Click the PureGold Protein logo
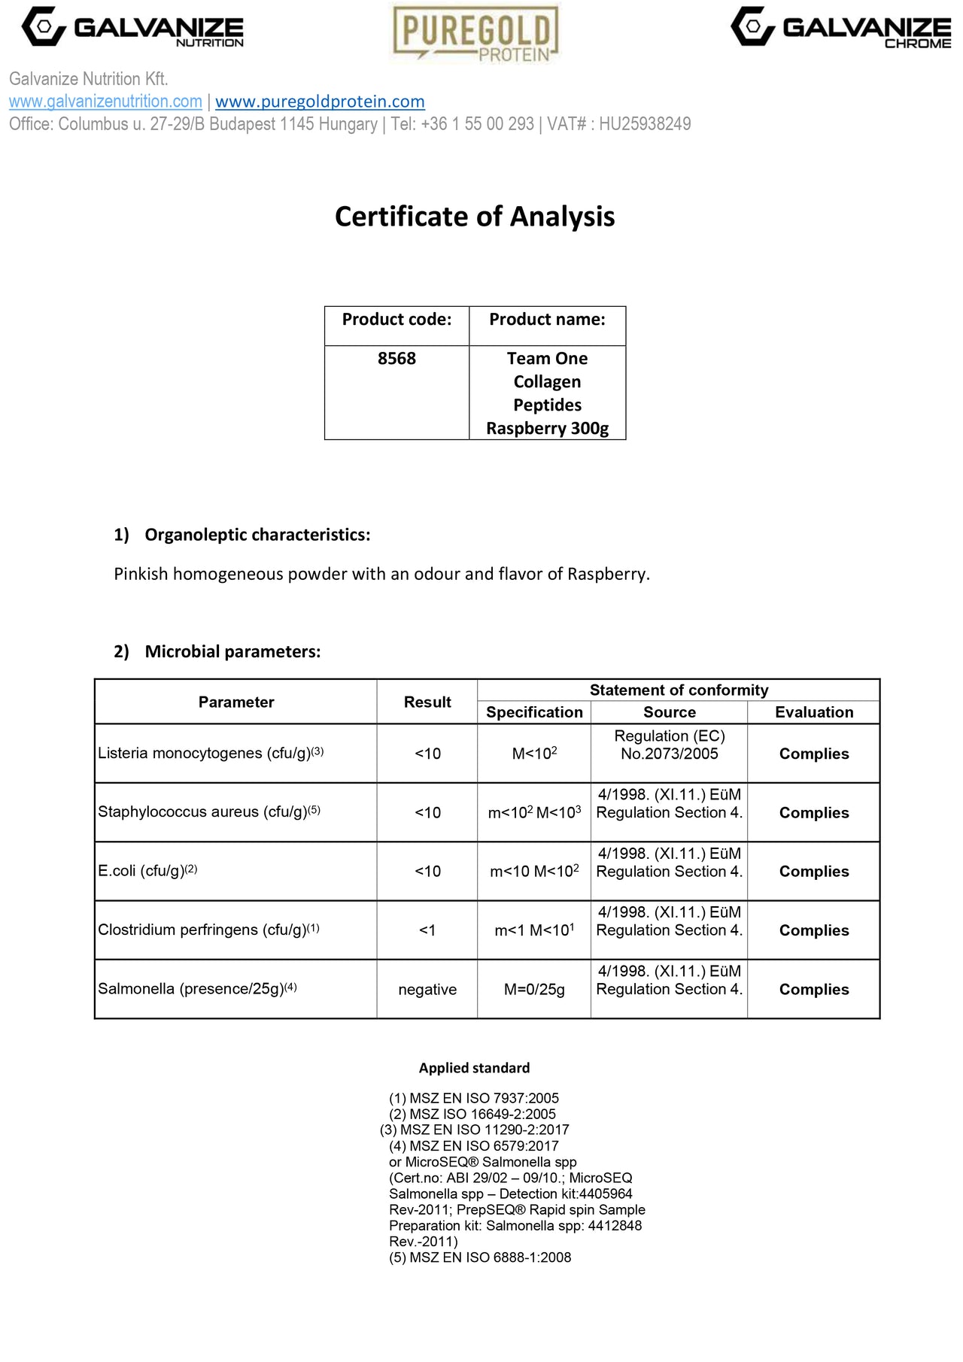point(475,33)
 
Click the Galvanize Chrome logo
point(840,28)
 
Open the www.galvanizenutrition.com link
point(105,102)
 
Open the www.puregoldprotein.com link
point(320,102)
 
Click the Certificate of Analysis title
point(475,217)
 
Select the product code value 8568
point(396,359)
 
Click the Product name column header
point(547,320)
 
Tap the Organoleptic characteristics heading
point(257,535)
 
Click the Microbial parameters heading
point(232,651)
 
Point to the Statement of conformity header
point(679,690)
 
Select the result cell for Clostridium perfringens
point(427,930)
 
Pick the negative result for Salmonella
point(427,990)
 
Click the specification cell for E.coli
point(534,871)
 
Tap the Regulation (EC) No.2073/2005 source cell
point(669,745)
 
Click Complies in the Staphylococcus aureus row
point(814,813)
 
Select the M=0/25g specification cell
point(534,990)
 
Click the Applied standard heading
point(474,1068)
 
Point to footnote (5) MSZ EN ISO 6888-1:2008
point(480,1257)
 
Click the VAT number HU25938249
point(645,124)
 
